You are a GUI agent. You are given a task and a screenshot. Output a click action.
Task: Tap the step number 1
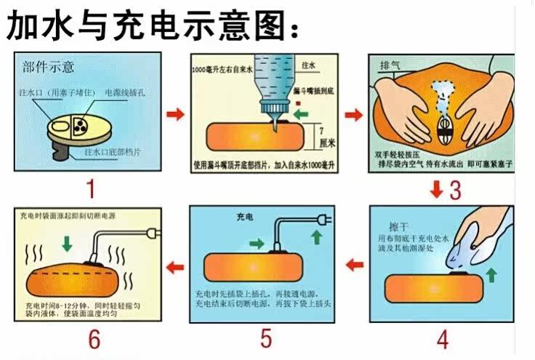[x=91, y=190]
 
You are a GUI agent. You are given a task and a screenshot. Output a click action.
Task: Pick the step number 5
[x=266, y=338]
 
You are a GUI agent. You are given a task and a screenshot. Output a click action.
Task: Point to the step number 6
[x=92, y=339]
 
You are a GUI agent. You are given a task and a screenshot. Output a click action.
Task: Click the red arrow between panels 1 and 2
[x=175, y=114]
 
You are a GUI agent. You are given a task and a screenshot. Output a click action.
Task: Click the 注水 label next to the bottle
[x=308, y=65]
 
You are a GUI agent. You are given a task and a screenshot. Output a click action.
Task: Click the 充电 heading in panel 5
[x=245, y=217]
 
